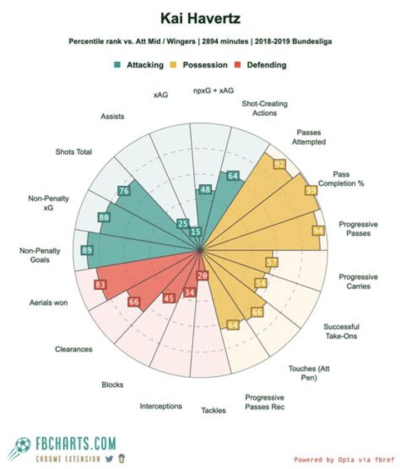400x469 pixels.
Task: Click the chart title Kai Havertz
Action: (x=200, y=19)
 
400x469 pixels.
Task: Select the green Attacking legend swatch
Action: (x=117, y=65)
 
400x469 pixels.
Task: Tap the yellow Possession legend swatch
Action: (x=178, y=65)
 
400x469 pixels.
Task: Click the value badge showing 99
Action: (x=311, y=190)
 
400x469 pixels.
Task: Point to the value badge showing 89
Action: (x=87, y=250)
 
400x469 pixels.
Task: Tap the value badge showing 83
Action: (x=100, y=285)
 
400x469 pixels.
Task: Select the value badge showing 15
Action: (x=196, y=232)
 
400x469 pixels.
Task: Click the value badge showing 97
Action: (x=279, y=164)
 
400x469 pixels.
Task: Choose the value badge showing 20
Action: (x=202, y=275)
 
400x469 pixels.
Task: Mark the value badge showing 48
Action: (x=205, y=190)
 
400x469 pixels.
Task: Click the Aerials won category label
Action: (x=48, y=303)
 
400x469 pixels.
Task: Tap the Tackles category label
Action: (x=213, y=411)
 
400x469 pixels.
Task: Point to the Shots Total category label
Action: (x=73, y=152)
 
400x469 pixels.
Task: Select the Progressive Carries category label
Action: (x=358, y=282)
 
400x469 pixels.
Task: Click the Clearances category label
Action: (x=73, y=349)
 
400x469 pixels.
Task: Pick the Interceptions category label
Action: (x=161, y=406)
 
